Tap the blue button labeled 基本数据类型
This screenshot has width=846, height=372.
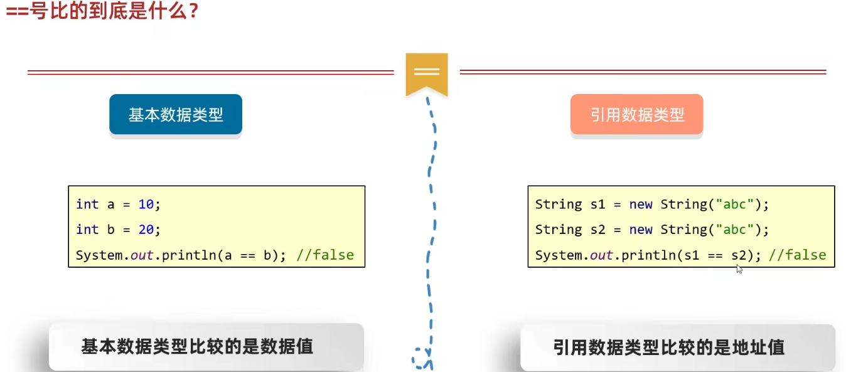[176, 115]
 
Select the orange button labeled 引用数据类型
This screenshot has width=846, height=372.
[636, 115]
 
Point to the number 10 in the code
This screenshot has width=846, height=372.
[146, 205]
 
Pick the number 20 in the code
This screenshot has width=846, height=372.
[146, 230]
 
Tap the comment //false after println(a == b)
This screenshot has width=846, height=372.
[325, 255]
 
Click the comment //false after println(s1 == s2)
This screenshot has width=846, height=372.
[797, 255]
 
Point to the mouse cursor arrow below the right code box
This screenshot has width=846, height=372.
[739, 268]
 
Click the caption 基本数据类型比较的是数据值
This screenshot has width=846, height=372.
[197, 346]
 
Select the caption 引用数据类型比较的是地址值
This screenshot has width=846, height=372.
[668, 347]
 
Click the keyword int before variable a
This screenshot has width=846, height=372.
[87, 205]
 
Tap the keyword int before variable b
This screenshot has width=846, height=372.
[87, 230]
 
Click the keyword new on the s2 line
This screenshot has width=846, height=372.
[641, 230]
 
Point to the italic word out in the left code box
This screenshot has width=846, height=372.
[142, 255]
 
